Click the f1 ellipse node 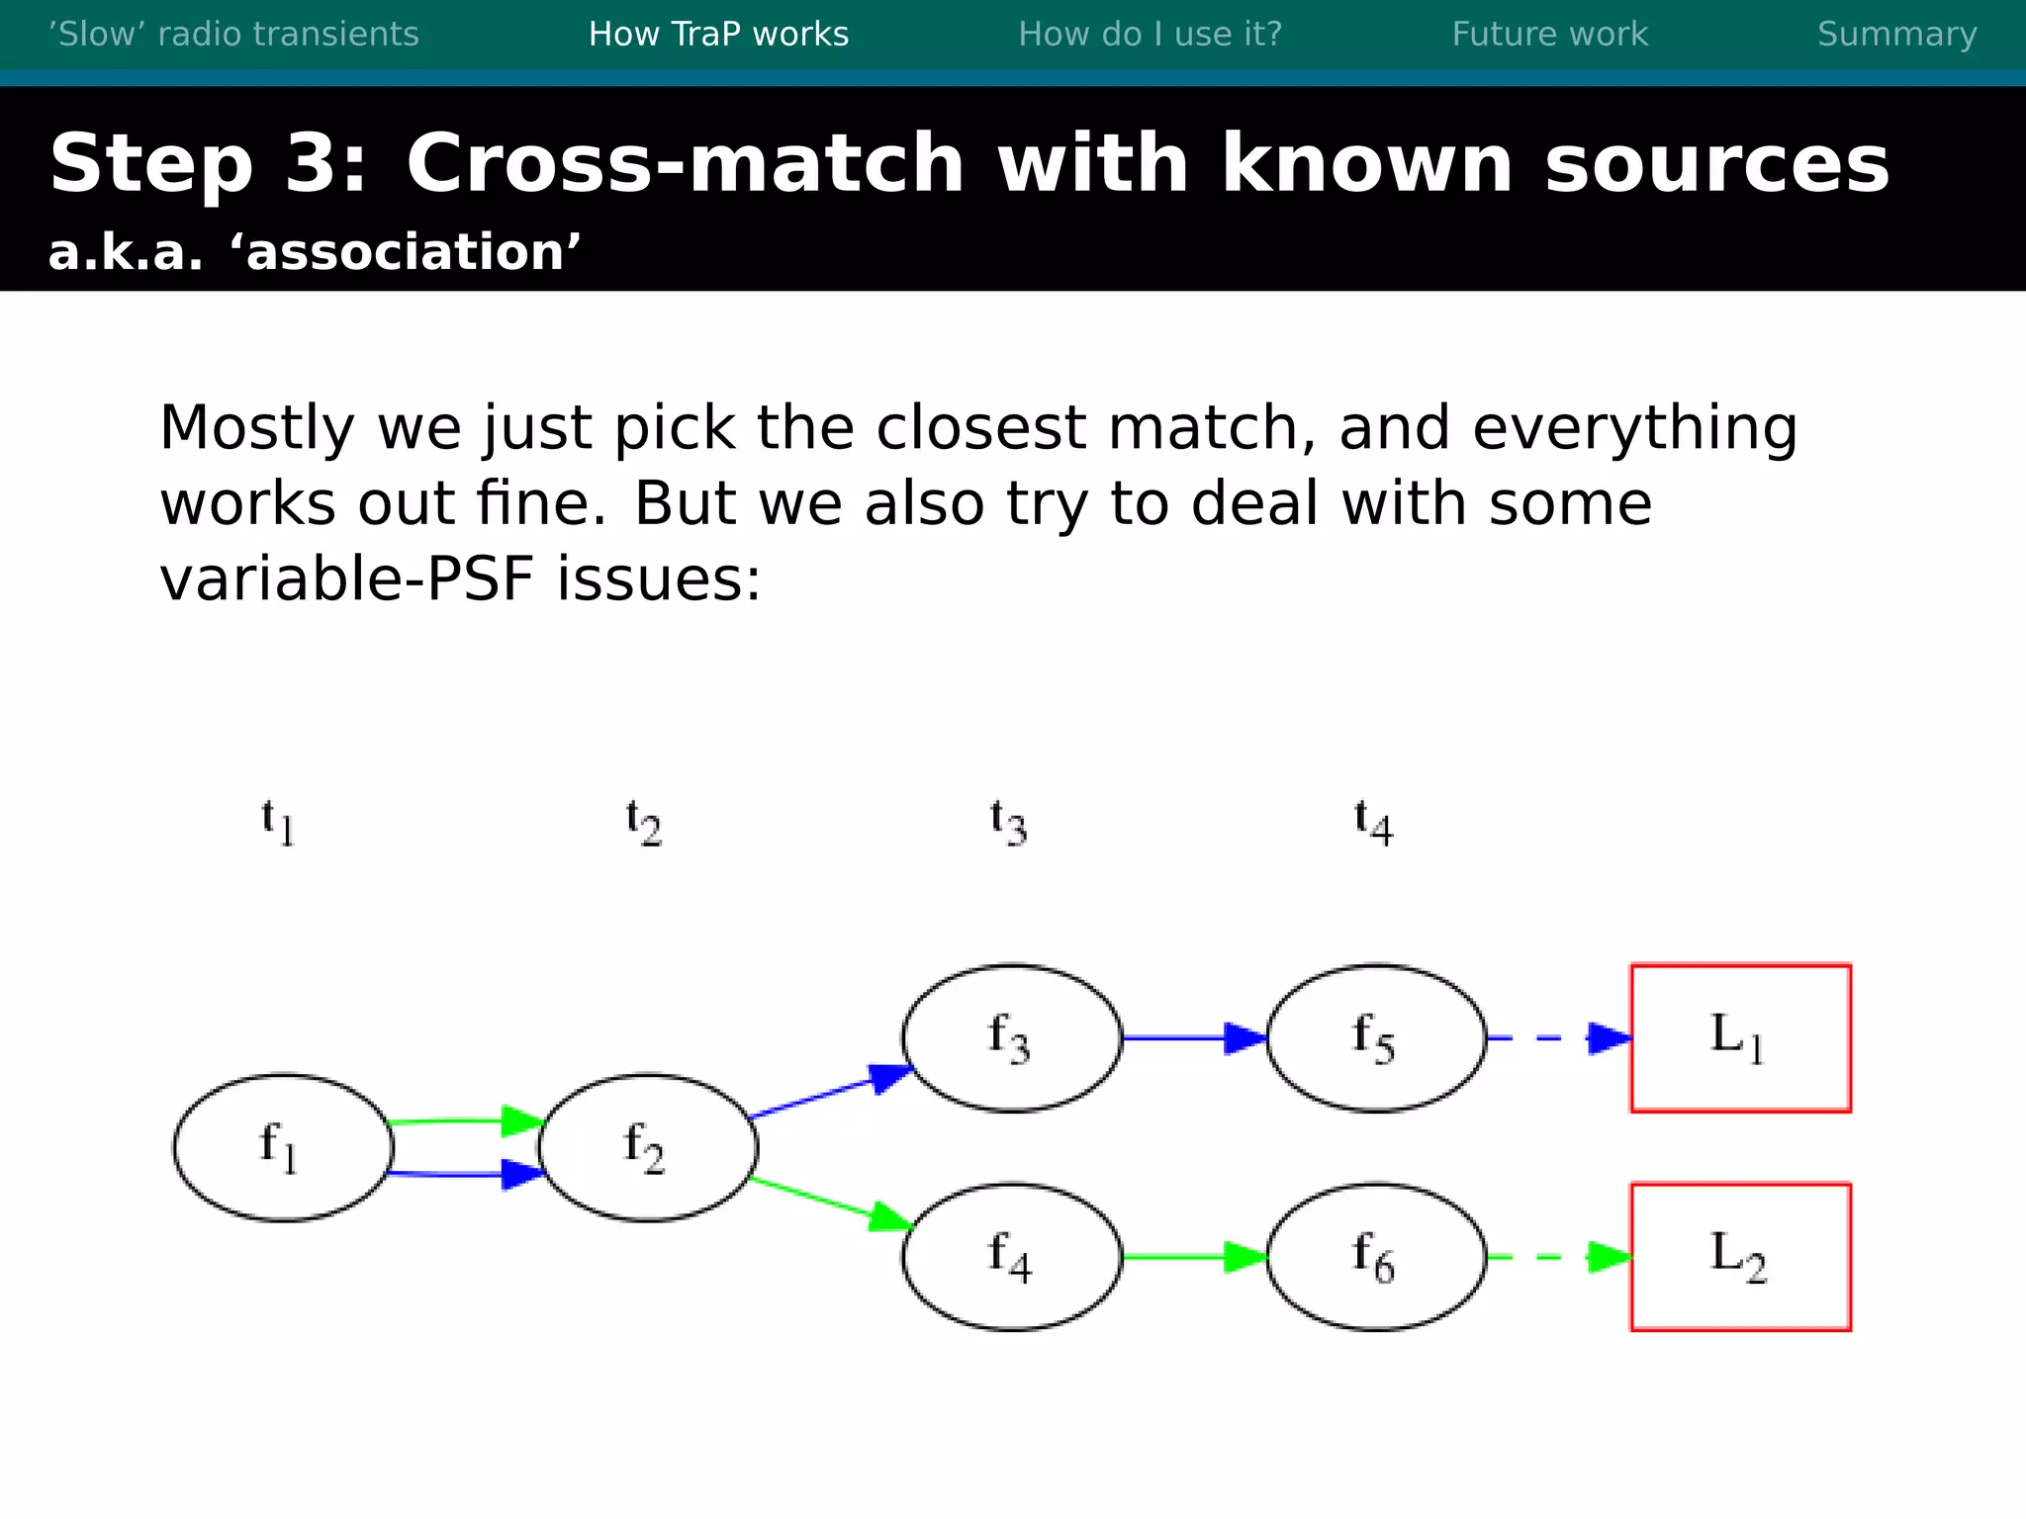[x=283, y=1147]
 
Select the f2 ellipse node [x=648, y=1147]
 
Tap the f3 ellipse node [x=1012, y=1038]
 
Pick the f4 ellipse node [x=1012, y=1257]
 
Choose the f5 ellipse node [x=1376, y=1038]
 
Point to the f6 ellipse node [x=1376, y=1257]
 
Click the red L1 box [x=1740, y=1038]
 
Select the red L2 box [x=1740, y=1257]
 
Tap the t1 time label [x=278, y=823]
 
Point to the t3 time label [x=1008, y=823]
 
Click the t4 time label [x=1373, y=823]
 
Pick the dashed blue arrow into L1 [x=1558, y=1038]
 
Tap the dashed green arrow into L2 [x=1558, y=1257]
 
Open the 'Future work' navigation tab [x=1549, y=35]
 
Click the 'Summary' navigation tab [x=1896, y=35]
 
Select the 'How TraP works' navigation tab [x=718, y=35]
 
